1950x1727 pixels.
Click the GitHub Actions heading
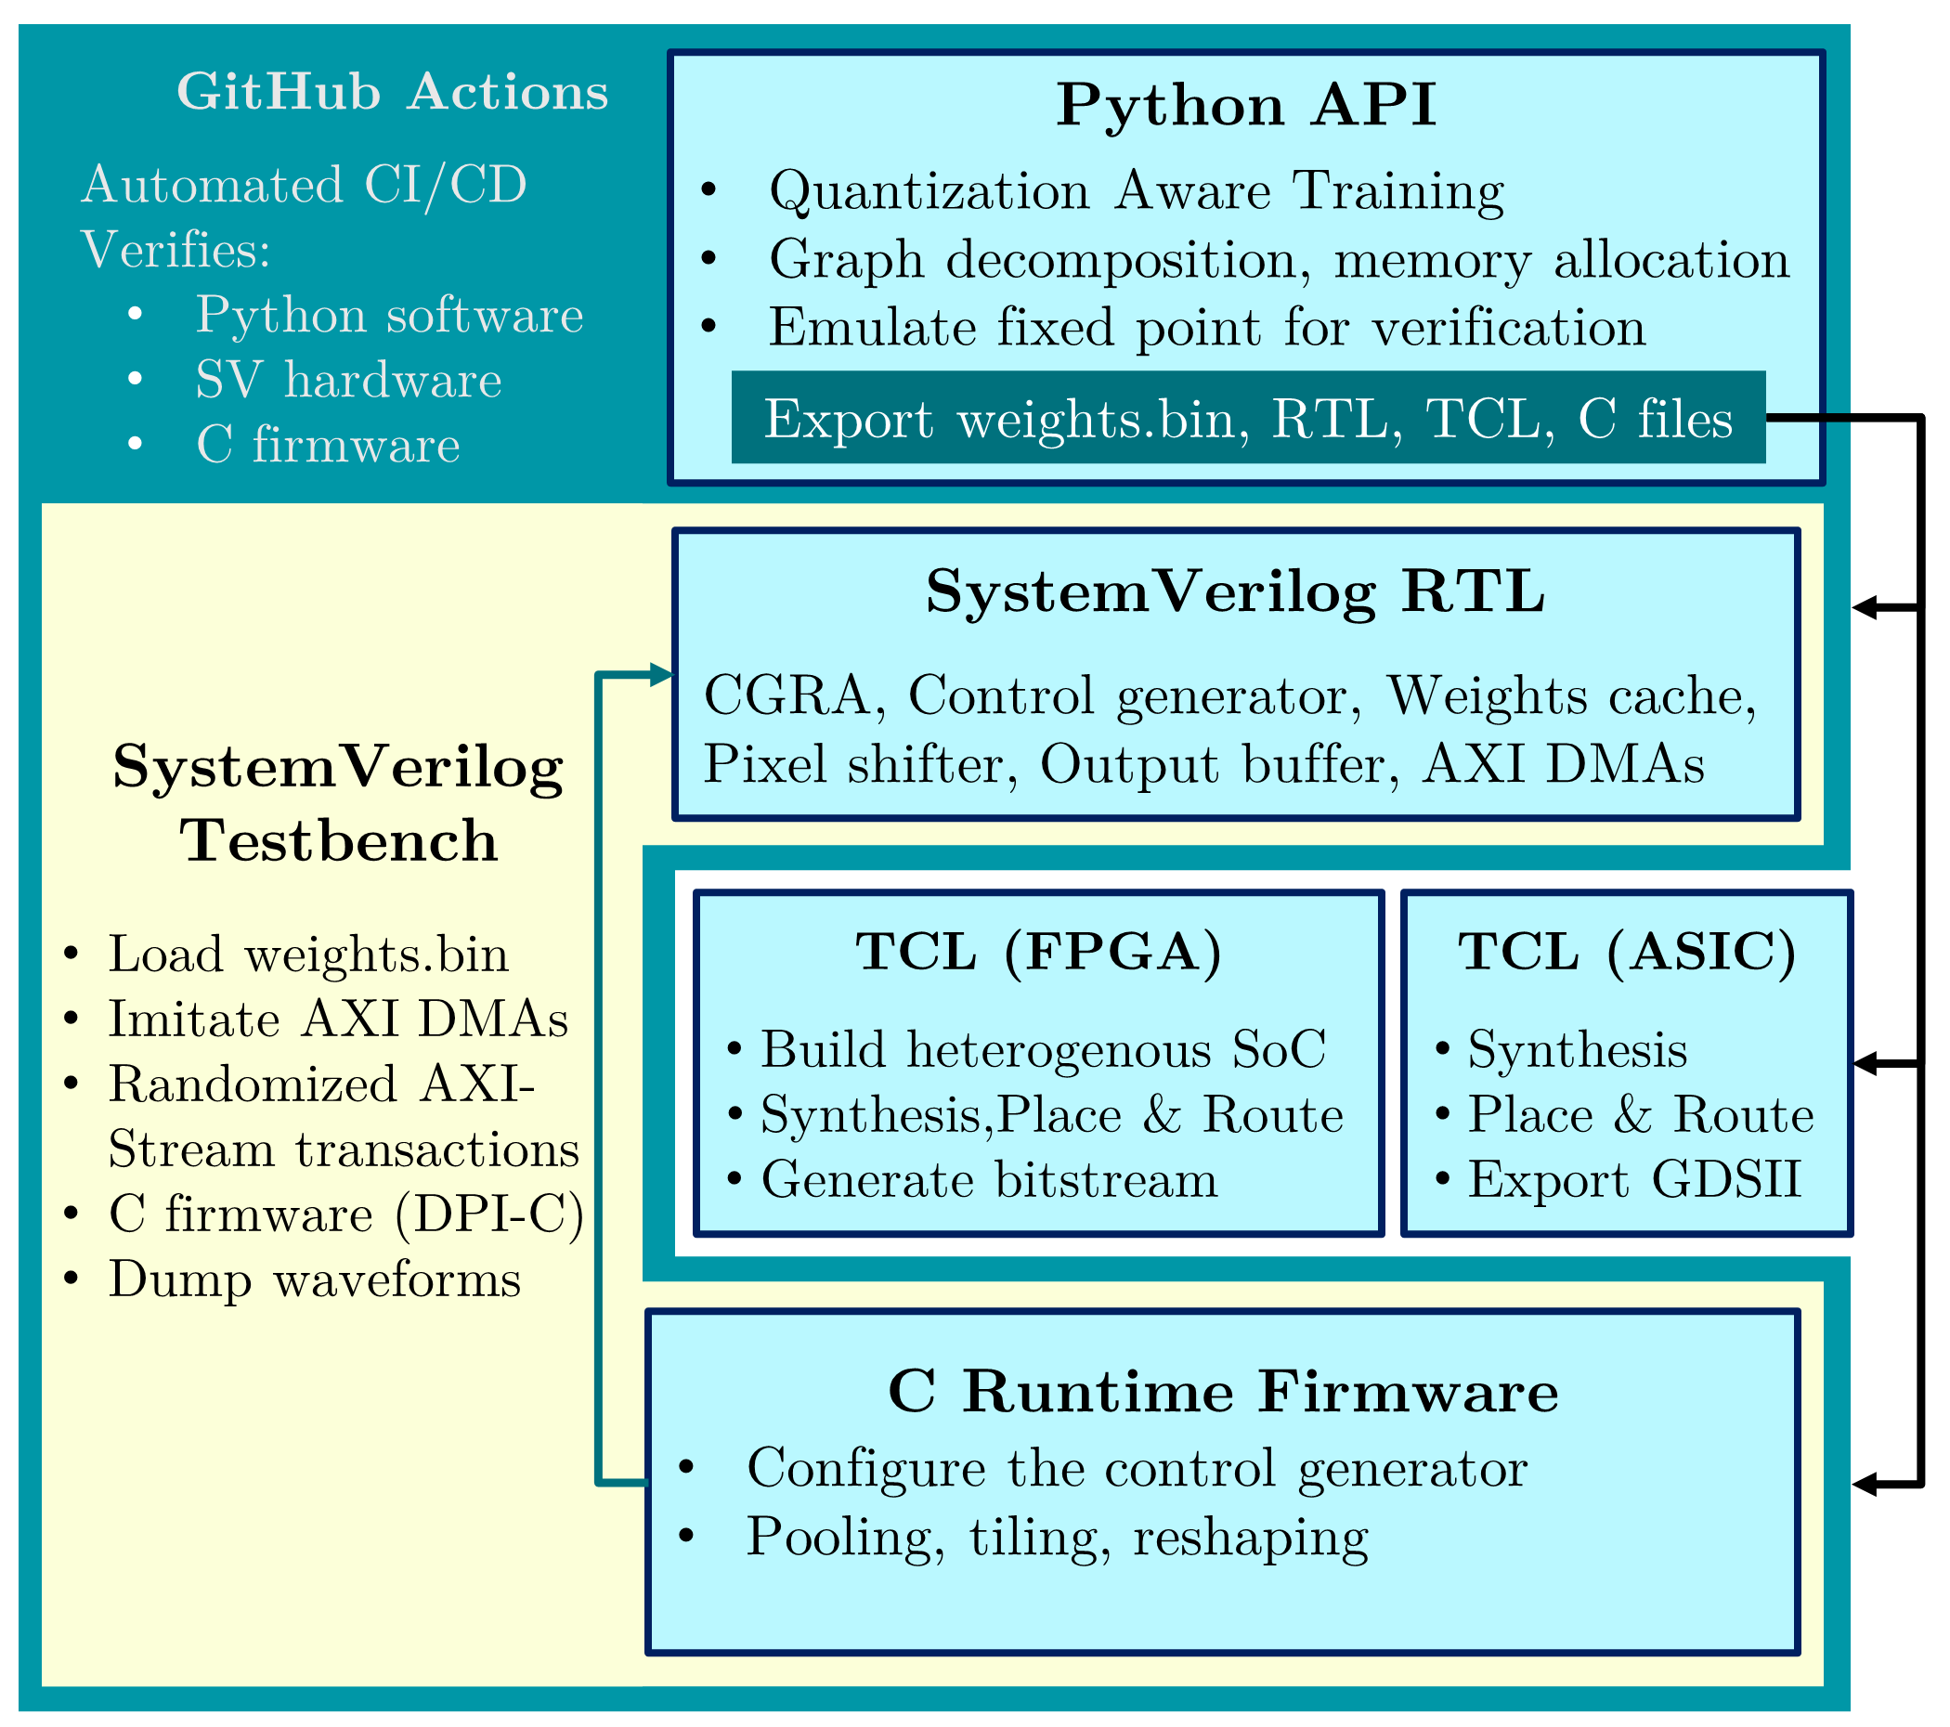[392, 93]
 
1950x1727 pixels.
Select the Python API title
[1245, 105]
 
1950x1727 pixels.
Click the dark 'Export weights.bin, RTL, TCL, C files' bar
[1247, 418]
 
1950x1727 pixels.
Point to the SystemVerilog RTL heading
[1234, 591]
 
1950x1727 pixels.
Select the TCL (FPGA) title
[1038, 952]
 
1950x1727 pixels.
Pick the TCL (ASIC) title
[1626, 952]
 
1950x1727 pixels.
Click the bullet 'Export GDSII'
[1633, 1179]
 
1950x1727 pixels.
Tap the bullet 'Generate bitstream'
[988, 1179]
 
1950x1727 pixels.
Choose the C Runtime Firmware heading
[1222, 1391]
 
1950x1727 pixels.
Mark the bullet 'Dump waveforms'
[314, 1279]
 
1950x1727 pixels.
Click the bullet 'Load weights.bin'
[307, 954]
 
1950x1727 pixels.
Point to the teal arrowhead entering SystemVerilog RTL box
[661, 675]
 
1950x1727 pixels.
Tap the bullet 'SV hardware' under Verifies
[348, 380]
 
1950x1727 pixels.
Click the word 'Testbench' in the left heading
[339, 841]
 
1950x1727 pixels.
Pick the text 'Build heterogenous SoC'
[1043, 1049]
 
